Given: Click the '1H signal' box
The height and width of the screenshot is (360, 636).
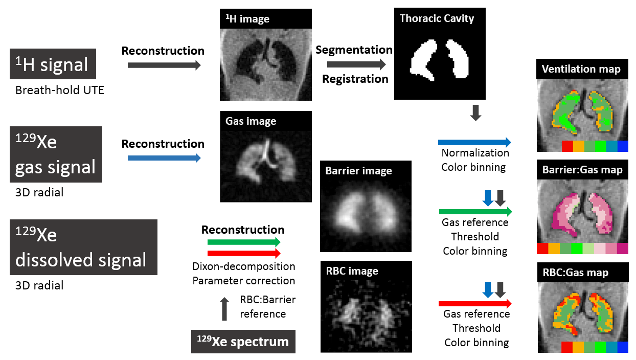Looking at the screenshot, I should [x=53, y=64].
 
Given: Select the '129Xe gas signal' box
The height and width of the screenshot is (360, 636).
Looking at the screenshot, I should [x=56, y=154].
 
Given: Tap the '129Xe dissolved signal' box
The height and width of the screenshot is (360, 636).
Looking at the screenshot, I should [x=83, y=247].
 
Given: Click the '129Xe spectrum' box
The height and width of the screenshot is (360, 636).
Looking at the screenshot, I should [x=243, y=342].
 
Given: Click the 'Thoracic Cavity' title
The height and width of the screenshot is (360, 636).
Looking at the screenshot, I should [x=437, y=19].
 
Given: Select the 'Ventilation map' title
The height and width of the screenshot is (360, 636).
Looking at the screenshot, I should [x=581, y=69].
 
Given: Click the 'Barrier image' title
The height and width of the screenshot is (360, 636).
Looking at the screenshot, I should [x=358, y=171].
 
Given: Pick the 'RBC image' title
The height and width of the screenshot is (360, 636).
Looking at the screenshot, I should [x=352, y=271].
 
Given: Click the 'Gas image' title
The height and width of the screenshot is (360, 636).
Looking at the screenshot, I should [x=251, y=121].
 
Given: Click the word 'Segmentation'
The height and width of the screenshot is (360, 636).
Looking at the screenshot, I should [x=354, y=50].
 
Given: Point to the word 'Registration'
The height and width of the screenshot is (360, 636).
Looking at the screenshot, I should [x=355, y=79].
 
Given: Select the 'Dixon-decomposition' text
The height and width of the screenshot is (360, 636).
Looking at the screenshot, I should [x=244, y=266].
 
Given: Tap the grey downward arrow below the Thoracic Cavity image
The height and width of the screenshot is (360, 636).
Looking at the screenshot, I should [x=475, y=113].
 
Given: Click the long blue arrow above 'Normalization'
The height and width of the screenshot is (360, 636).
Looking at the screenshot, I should [x=474, y=142].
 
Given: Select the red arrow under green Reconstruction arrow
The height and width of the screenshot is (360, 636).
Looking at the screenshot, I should [x=244, y=253].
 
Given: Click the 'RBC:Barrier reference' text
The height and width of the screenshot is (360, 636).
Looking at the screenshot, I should [x=267, y=306].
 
